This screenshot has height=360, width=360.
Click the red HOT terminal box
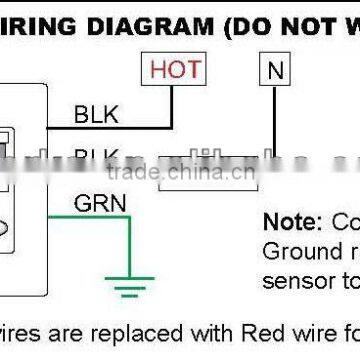point(174,70)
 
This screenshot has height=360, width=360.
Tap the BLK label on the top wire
point(96,115)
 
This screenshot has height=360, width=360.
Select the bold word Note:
point(290,221)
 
